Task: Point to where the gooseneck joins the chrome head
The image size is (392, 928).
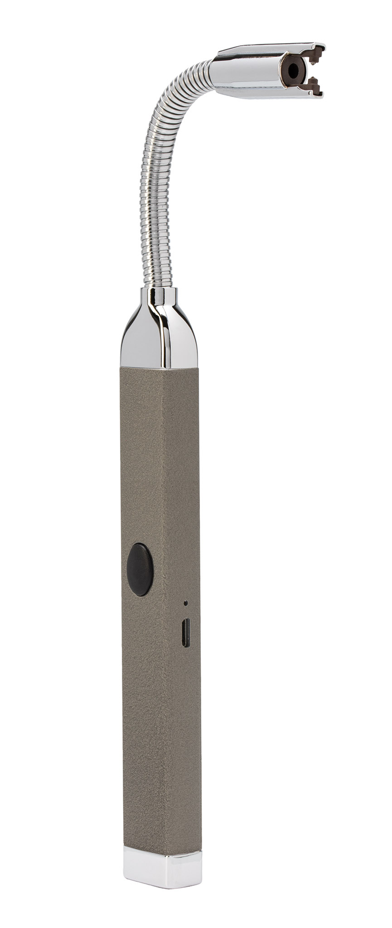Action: click(216, 69)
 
